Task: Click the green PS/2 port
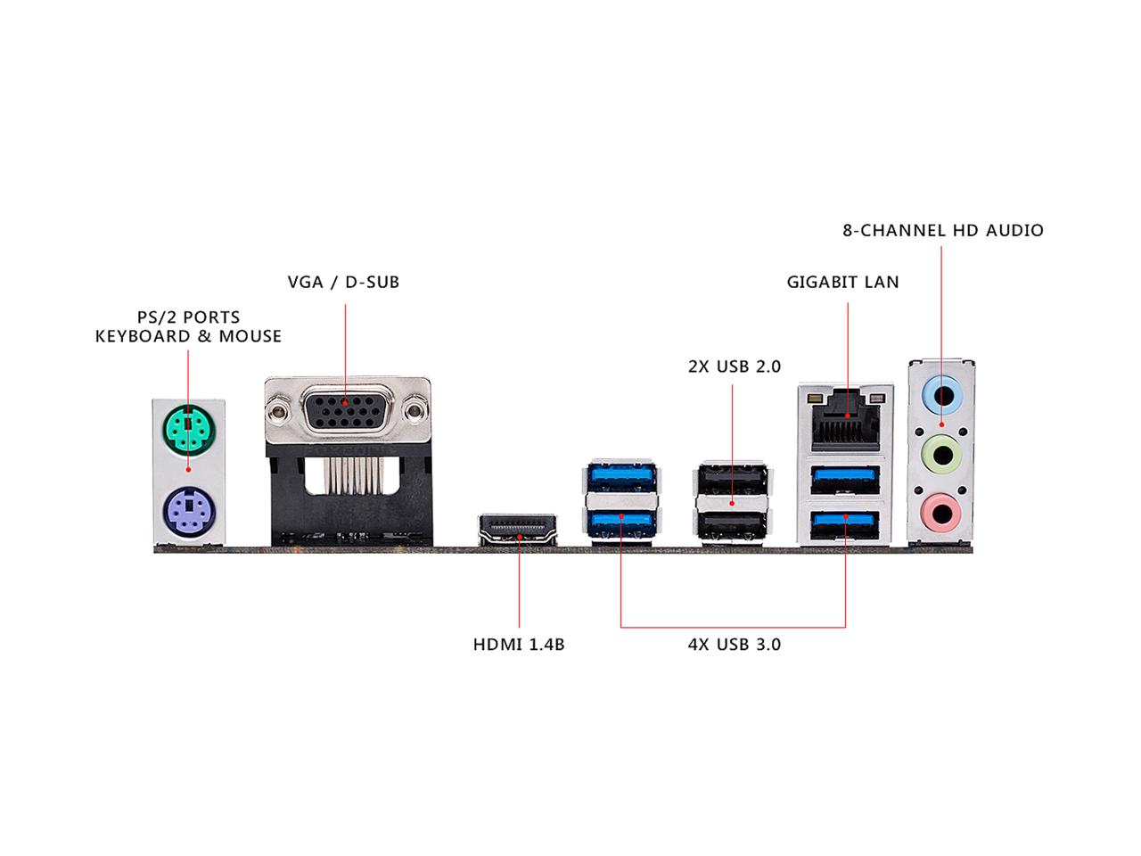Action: point(188,432)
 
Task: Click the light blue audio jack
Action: point(941,393)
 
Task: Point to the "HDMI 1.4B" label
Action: point(518,644)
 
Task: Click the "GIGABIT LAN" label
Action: point(842,283)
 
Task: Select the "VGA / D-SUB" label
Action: point(343,283)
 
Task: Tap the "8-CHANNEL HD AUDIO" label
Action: point(943,231)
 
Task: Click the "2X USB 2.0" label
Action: point(734,366)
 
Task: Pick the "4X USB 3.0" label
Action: point(734,644)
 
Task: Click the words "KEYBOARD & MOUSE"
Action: point(188,337)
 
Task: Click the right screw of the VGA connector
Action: point(415,411)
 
